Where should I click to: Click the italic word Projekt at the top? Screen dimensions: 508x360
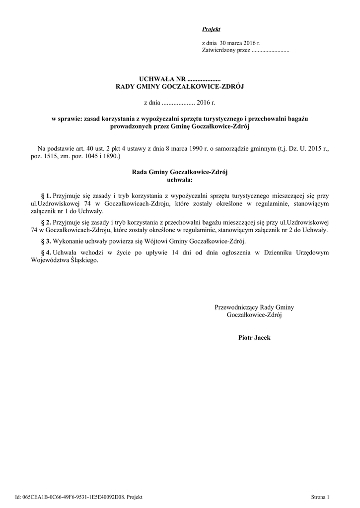(211, 29)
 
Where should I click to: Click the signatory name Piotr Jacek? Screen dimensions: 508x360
(254, 337)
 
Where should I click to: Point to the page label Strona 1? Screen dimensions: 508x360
(319, 497)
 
